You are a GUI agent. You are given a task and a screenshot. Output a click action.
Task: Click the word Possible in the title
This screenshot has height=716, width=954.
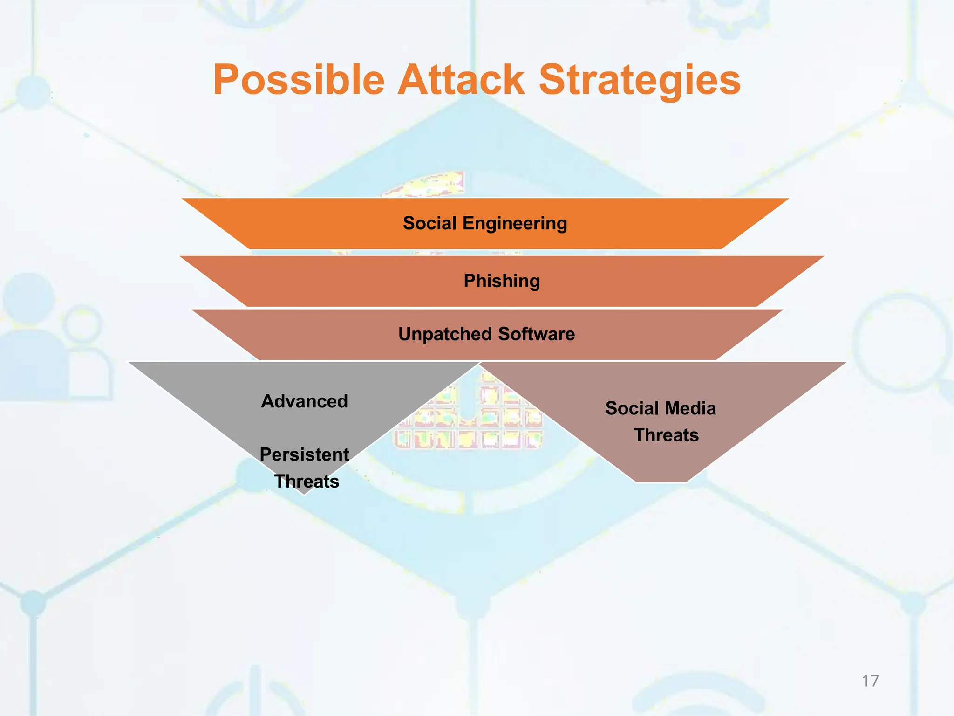click(x=299, y=80)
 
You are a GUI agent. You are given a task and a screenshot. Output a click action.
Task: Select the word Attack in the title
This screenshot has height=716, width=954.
click(x=461, y=80)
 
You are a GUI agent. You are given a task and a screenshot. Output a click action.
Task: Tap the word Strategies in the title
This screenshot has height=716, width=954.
click(x=639, y=80)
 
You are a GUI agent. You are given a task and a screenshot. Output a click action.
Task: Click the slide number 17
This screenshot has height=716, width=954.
click(x=870, y=681)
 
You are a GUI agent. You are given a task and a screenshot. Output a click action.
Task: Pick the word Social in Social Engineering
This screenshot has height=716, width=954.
click(x=429, y=223)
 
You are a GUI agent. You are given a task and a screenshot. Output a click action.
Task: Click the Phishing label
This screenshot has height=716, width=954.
click(x=502, y=281)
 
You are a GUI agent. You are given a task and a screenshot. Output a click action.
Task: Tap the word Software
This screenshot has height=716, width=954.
click(x=536, y=334)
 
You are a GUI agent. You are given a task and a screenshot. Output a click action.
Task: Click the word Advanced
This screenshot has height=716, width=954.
click(x=304, y=401)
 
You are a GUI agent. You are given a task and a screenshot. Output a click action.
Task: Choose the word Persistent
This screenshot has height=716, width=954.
click(x=304, y=454)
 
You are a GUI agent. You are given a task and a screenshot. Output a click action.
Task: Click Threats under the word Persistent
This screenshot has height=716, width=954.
click(x=307, y=481)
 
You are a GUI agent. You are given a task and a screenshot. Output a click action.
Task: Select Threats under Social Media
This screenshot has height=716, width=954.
click(x=666, y=435)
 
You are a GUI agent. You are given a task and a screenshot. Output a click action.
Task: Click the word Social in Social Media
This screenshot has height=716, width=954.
click(x=631, y=408)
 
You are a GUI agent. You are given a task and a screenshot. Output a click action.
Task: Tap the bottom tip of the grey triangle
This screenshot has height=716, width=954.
click(x=304, y=493)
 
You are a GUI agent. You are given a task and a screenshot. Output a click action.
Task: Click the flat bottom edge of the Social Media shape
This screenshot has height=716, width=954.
click(x=661, y=482)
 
